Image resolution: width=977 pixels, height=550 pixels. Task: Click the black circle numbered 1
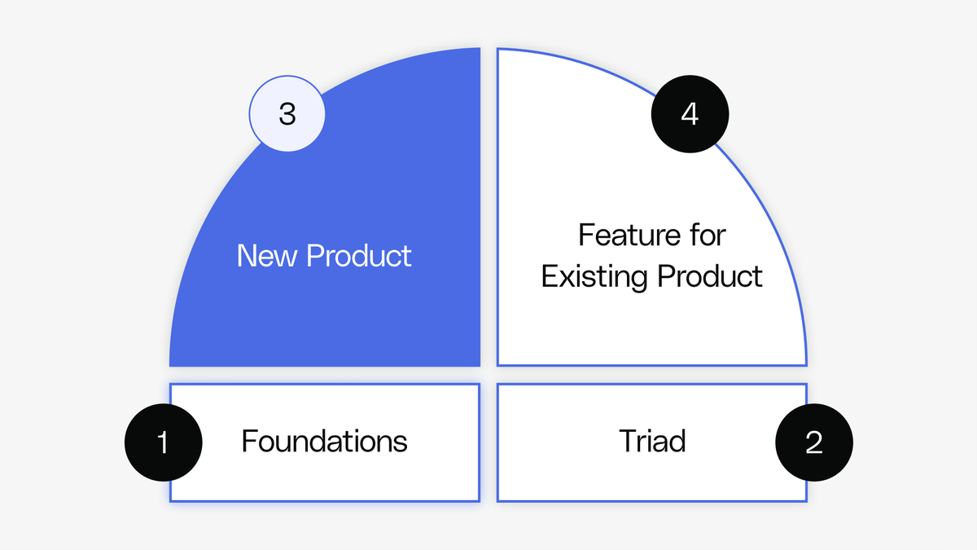(163, 442)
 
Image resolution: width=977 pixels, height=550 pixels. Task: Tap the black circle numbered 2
(814, 442)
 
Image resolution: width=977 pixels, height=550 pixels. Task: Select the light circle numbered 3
(287, 114)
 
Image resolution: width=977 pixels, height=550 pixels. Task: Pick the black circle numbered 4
(690, 114)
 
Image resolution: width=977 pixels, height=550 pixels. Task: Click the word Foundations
(324, 442)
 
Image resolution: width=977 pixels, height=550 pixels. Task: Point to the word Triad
(652, 442)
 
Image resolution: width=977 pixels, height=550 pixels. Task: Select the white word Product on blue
(358, 256)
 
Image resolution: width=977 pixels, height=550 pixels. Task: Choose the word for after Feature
(706, 235)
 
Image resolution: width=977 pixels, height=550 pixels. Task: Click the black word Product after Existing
(710, 276)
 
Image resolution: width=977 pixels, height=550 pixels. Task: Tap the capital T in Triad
(627, 442)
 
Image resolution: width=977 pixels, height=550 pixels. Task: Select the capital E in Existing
(549, 276)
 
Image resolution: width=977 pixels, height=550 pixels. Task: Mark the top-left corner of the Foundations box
(171, 385)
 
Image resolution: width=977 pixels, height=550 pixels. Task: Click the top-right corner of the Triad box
(806, 385)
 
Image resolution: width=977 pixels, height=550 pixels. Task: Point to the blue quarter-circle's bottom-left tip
(171, 364)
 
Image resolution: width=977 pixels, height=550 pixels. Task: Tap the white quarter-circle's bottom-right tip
(805, 364)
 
